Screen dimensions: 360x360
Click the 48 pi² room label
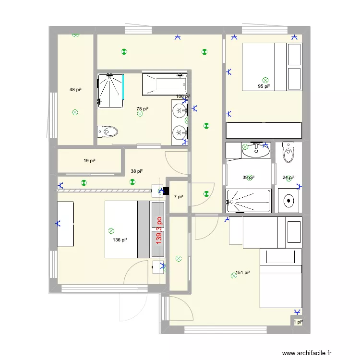(75, 90)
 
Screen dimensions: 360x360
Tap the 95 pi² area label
(264, 87)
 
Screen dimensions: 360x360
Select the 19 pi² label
(89, 161)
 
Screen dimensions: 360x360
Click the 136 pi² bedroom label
(120, 240)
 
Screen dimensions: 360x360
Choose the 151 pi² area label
(243, 273)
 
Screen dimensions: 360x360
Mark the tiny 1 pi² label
(298, 322)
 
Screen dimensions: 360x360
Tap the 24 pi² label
(288, 178)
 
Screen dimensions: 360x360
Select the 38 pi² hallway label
(137, 171)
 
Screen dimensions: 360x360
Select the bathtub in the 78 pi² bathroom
(164, 84)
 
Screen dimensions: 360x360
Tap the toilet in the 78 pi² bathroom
(107, 131)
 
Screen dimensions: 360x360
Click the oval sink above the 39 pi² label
(256, 151)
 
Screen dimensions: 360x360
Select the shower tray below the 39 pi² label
(248, 201)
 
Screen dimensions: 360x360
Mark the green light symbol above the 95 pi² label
(265, 80)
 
